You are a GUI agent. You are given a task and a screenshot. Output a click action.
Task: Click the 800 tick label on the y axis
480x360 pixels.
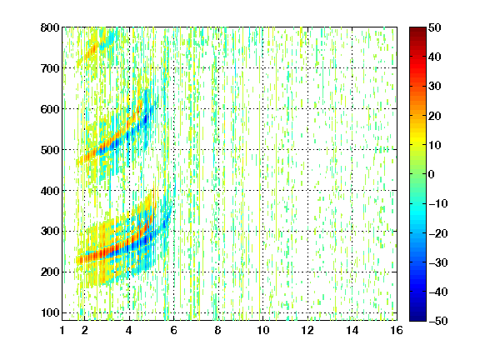50,27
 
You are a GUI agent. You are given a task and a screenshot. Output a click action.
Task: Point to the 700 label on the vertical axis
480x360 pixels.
50,68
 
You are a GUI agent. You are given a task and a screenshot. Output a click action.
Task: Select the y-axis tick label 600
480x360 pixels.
50,109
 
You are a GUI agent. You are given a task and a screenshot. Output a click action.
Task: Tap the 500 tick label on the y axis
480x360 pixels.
50,150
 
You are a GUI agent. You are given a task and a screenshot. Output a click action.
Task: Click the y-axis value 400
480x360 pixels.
50,191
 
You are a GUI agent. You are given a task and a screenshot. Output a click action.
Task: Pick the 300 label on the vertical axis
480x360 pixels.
50,232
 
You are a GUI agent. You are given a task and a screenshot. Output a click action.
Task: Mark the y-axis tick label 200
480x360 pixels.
50,272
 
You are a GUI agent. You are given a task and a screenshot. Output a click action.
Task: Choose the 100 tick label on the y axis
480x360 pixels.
50,312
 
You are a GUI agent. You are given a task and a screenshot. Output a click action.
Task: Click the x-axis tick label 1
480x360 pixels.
62,330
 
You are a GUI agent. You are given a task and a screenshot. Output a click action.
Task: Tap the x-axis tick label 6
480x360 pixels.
173,330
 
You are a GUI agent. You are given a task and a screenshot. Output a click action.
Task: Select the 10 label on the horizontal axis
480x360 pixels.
262,330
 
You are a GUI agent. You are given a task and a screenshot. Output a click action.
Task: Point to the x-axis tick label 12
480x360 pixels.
307,330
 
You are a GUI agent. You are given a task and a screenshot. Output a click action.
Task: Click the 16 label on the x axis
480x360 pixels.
397,330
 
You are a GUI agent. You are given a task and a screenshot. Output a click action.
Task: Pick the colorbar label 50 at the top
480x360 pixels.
434,27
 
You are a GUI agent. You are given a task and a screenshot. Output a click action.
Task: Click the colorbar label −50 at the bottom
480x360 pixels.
437,321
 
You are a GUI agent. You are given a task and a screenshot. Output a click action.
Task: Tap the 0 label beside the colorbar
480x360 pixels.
432,174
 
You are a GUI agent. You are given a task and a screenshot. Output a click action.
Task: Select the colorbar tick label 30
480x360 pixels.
434,87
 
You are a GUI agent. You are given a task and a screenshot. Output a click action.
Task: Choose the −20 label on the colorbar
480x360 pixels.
437,233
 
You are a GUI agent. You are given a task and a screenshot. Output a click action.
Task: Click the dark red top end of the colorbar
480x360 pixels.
417,29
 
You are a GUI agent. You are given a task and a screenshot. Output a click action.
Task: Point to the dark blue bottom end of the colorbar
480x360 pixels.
417,319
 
